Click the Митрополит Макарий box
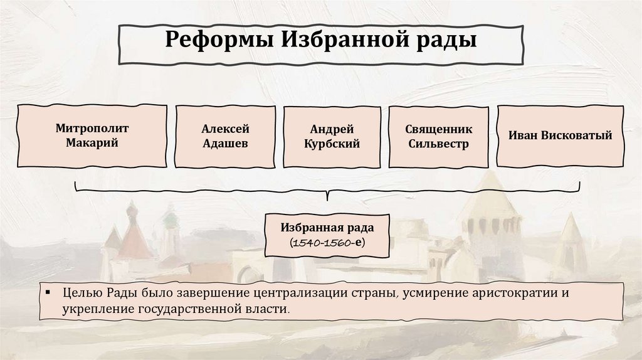tap(92, 136)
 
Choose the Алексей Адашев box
tap(225, 136)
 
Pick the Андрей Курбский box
tap(332, 136)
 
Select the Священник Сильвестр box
tap(439, 136)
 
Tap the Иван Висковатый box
tap(560, 136)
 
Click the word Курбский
tap(332, 144)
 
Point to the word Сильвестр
tap(439, 144)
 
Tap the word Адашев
tap(225, 144)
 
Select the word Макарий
tap(92, 144)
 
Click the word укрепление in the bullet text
tap(92, 309)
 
